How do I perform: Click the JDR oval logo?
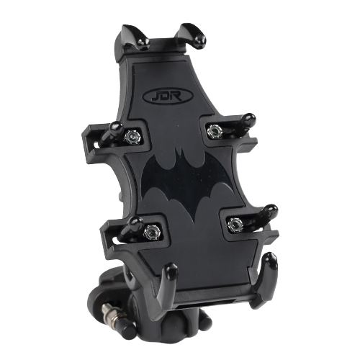click(168, 96)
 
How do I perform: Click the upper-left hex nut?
click(132, 138)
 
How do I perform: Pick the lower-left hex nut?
click(152, 232)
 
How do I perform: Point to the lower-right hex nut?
click(235, 225)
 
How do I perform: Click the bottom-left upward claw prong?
click(168, 283)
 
